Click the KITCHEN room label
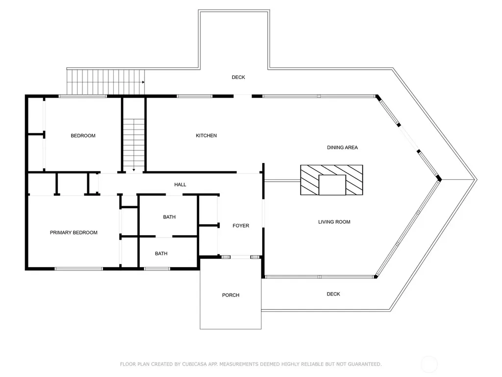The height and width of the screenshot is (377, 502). pyautogui.click(x=206, y=135)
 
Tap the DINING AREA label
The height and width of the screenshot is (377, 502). pyautogui.click(x=342, y=147)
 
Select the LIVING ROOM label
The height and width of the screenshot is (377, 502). pyautogui.click(x=334, y=222)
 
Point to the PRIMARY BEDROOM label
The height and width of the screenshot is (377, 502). pyautogui.click(x=74, y=233)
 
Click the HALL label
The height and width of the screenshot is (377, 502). pyautogui.click(x=180, y=185)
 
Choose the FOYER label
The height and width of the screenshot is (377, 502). pyautogui.click(x=241, y=226)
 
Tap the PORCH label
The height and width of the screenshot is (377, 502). pyautogui.click(x=231, y=295)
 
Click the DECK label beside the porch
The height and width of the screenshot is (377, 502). pyautogui.click(x=333, y=294)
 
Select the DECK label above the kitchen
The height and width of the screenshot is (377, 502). pyautogui.click(x=239, y=77)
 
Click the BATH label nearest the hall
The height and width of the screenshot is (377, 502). pyautogui.click(x=169, y=217)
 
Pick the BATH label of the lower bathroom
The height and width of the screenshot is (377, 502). pyautogui.click(x=161, y=254)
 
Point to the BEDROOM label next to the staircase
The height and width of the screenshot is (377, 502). pyautogui.click(x=83, y=135)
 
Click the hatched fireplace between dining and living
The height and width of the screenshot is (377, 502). pyautogui.click(x=332, y=180)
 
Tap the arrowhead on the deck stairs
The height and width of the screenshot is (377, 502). pyautogui.click(x=143, y=82)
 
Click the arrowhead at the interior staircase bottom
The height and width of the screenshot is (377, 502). pyautogui.click(x=134, y=170)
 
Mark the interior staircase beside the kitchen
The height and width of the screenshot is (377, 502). pyautogui.click(x=134, y=145)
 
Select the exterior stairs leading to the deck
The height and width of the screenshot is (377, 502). pyautogui.click(x=105, y=82)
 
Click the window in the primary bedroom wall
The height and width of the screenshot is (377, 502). pyautogui.click(x=78, y=269)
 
